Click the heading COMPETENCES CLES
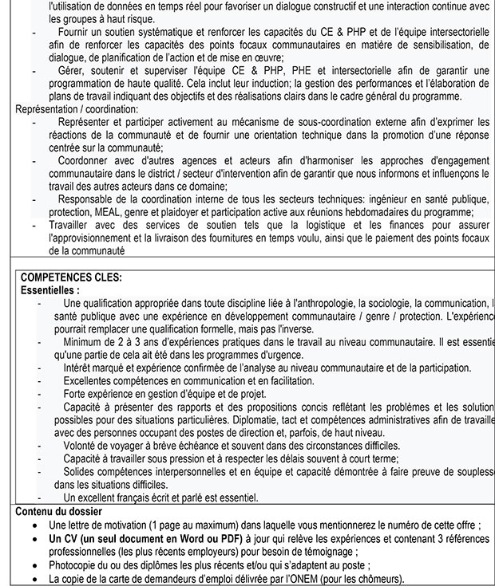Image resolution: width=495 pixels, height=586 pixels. tap(71, 278)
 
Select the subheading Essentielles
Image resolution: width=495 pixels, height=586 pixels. tap(49, 290)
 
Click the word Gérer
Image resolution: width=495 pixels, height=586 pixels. tap(73, 70)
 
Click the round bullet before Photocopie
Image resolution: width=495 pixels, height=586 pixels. tap(33, 564)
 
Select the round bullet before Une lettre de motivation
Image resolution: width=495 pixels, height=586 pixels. tap(33, 525)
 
